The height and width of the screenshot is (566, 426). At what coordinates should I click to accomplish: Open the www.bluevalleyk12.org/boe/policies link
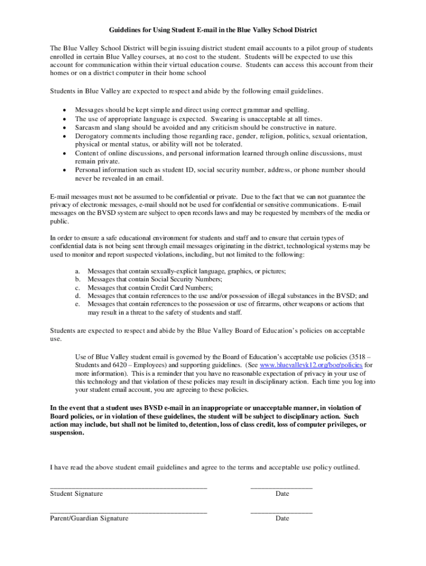[311, 365]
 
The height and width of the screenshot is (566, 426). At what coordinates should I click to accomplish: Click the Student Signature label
[76, 493]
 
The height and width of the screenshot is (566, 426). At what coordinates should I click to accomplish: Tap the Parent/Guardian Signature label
[89, 518]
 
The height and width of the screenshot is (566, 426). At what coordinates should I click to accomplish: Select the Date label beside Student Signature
[282, 493]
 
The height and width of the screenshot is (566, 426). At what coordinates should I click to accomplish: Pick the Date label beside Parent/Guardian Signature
[282, 518]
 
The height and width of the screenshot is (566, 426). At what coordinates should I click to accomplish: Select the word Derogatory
[92, 135]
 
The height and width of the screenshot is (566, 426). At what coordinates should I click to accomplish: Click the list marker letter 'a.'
[78, 271]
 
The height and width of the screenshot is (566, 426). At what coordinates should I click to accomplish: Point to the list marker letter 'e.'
[78, 304]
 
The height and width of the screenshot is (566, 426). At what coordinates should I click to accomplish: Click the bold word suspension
[67, 433]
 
